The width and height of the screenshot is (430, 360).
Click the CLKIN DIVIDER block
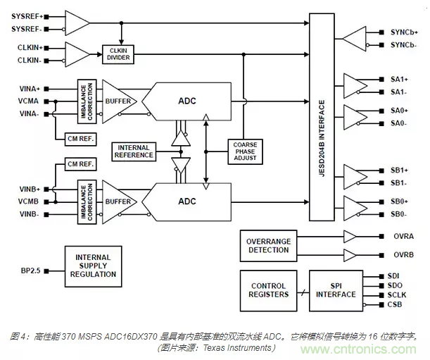pyautogui.click(x=122, y=54)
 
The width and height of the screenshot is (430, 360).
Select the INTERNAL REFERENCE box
pyautogui.click(x=135, y=151)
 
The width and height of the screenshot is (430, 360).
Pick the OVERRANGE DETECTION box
pyautogui.click(x=268, y=246)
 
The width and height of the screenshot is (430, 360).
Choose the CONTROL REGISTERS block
pyautogui.click(x=268, y=289)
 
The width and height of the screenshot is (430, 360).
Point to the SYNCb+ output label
pyautogui.click(x=405, y=32)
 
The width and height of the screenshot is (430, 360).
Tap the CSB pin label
pyautogui.click(x=395, y=304)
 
